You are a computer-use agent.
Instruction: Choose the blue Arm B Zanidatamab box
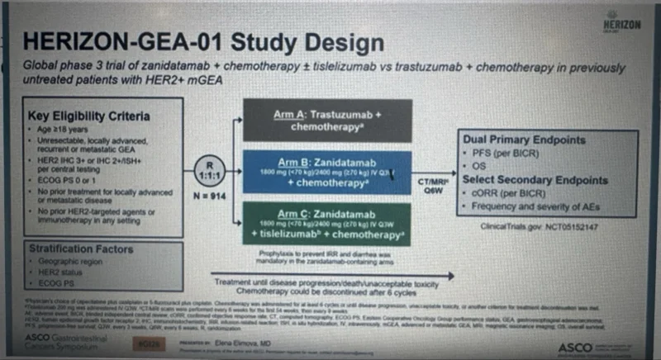pyautogui.click(x=328, y=172)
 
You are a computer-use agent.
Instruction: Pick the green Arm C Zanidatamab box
pyautogui.click(x=328, y=221)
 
